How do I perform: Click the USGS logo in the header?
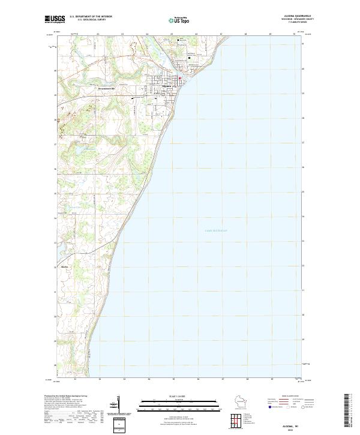tap(55, 19)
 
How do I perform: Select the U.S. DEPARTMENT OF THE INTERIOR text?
tap(91, 16)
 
